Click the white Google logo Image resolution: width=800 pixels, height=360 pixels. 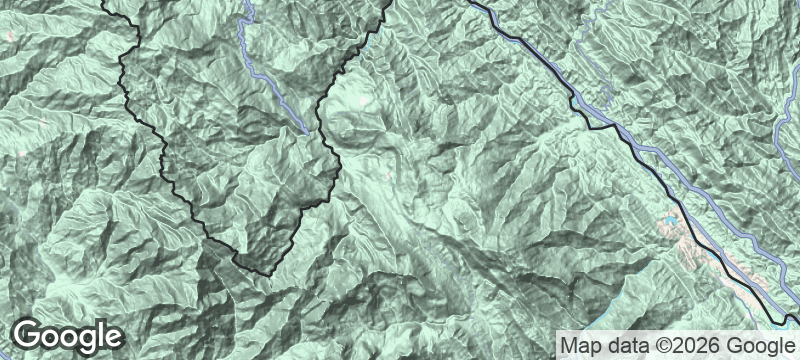pos(68,336)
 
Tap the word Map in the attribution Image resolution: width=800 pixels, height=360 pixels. pos(580,345)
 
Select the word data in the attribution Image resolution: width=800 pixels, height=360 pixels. pos(625,345)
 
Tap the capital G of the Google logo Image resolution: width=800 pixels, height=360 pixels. pos(29,335)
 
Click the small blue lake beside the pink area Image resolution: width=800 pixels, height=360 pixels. pos(666,218)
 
